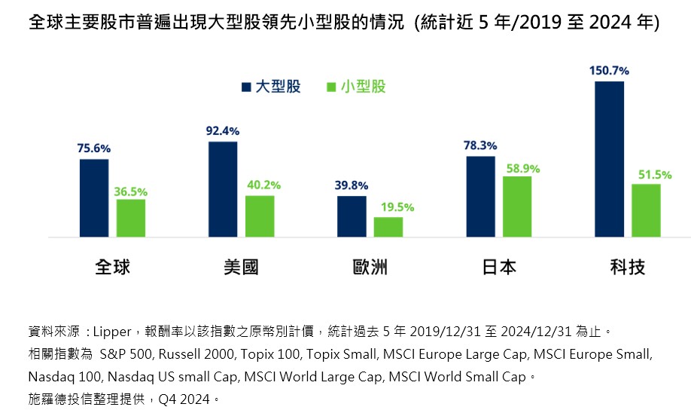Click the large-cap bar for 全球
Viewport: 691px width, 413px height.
(94, 198)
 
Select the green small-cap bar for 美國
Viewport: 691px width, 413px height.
(260, 216)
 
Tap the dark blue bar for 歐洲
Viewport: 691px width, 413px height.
(352, 217)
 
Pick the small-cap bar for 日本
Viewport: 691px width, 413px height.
(516, 206)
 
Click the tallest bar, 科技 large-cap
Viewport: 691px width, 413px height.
(609, 159)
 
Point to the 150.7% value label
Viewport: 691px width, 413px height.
(609, 70)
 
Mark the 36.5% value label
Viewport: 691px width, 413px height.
(131, 192)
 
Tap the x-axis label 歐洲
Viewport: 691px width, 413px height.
(370, 267)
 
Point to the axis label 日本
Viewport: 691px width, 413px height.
(498, 267)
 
